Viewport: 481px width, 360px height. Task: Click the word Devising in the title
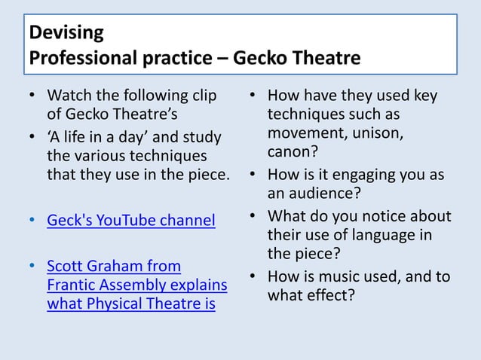click(63, 34)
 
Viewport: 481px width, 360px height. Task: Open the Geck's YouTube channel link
click(130, 221)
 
